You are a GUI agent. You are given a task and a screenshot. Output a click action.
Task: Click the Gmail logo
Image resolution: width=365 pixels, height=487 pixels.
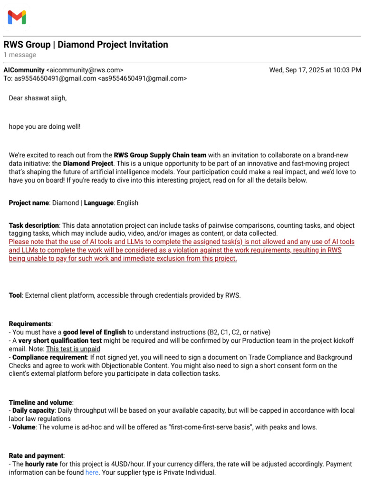(17, 18)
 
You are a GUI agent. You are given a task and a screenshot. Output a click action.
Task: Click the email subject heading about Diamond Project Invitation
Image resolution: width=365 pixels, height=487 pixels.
(86, 45)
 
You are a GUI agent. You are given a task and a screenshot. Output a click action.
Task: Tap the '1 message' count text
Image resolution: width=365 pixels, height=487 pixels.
(19, 55)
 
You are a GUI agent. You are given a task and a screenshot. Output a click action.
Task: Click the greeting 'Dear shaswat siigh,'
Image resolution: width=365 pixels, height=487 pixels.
(38, 98)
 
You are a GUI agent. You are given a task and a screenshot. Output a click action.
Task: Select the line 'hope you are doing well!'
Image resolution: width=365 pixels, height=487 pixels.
(45, 127)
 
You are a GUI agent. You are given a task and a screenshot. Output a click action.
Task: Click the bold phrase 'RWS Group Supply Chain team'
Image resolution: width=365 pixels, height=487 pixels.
(160, 155)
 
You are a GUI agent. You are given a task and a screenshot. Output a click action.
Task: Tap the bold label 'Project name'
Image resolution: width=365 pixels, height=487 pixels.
(29, 203)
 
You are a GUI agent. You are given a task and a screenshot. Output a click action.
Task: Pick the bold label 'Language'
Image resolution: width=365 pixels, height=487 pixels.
(99, 203)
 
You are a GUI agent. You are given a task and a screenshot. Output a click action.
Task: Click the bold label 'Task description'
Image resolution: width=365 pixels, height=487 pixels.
(34, 225)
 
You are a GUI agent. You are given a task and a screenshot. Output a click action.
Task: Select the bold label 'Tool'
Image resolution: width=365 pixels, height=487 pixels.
(15, 295)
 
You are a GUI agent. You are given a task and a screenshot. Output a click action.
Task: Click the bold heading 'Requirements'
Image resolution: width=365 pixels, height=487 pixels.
(30, 324)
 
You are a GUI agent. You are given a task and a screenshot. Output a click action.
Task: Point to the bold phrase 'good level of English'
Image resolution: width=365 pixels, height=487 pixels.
(95, 332)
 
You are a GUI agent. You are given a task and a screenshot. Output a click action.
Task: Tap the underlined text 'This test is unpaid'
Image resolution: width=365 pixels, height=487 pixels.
(73, 349)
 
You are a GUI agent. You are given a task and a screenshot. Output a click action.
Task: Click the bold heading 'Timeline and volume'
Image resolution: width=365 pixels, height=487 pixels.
(40, 402)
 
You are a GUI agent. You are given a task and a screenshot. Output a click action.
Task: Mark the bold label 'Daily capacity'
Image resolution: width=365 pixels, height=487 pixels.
(35, 410)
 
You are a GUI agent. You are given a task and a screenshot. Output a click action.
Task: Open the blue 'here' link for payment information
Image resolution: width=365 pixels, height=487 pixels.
(91, 473)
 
